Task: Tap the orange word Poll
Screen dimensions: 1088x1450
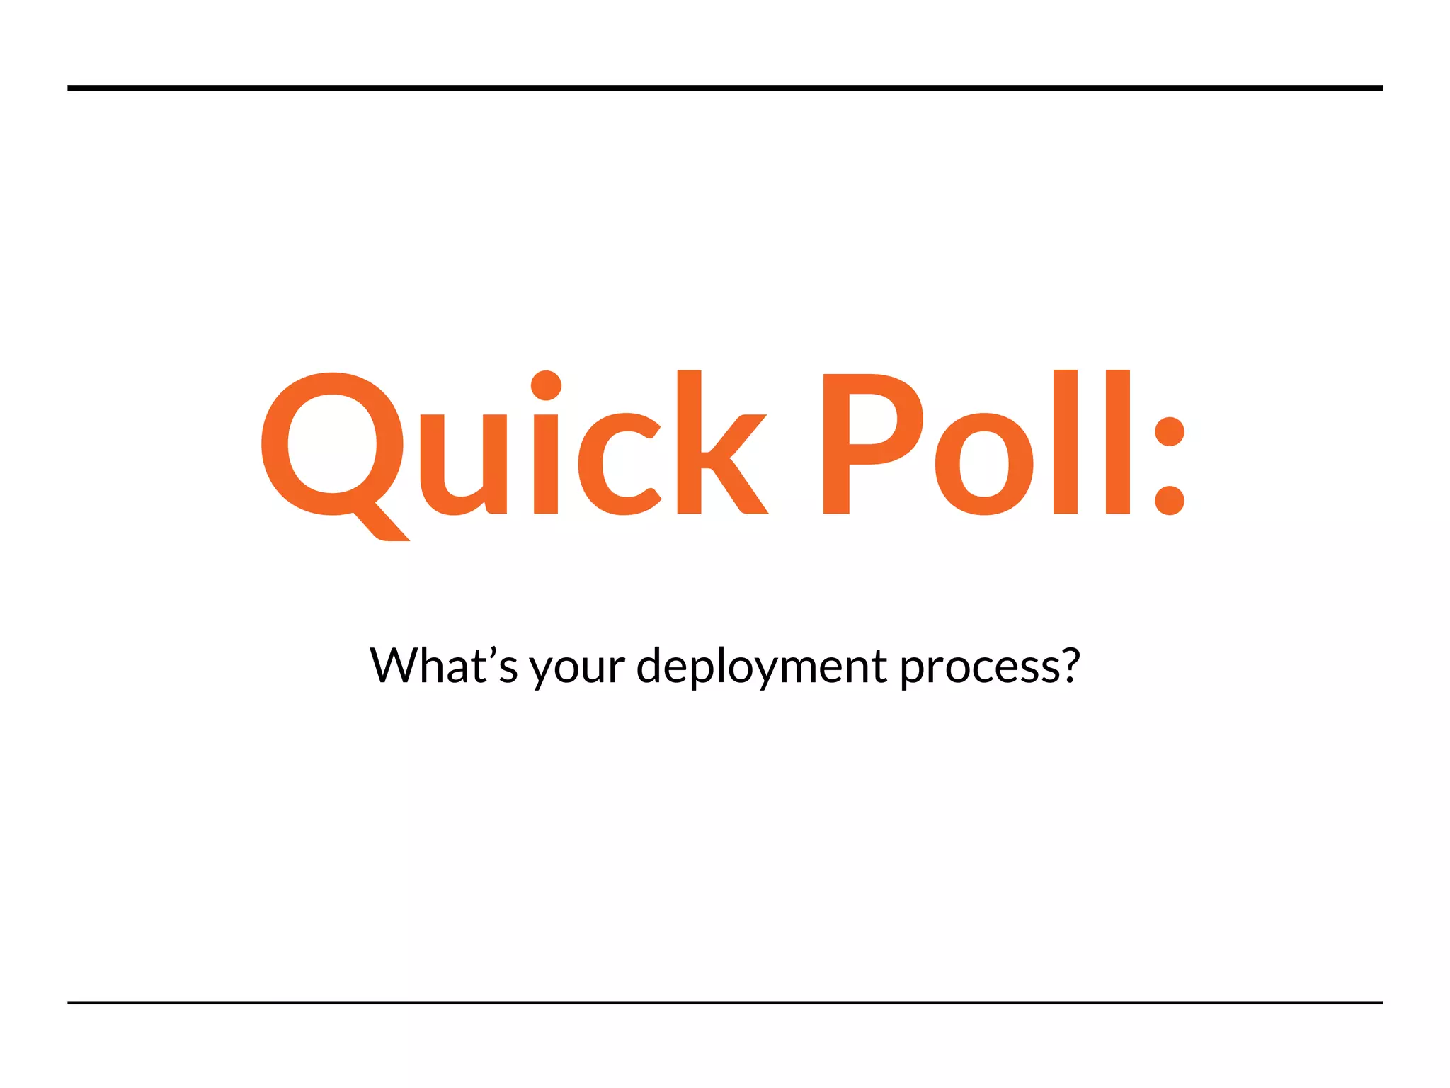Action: [x=977, y=443]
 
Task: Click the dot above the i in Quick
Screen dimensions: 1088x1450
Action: [x=546, y=385]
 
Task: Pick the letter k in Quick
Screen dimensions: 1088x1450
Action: [x=719, y=443]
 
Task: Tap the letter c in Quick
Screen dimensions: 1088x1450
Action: [x=619, y=464]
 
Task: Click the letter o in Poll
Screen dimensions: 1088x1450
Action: [x=984, y=464]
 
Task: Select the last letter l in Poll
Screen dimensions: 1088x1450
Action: [x=1118, y=442]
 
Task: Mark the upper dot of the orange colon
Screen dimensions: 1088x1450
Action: [x=1170, y=431]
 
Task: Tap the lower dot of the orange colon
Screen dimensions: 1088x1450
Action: [x=1170, y=500]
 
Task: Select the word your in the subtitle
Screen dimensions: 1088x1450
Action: [x=576, y=669]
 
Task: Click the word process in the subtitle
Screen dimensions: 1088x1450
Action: [x=980, y=669]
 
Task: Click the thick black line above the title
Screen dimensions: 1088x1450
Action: [x=725, y=89]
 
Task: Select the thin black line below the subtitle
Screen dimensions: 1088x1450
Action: [x=725, y=1002]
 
